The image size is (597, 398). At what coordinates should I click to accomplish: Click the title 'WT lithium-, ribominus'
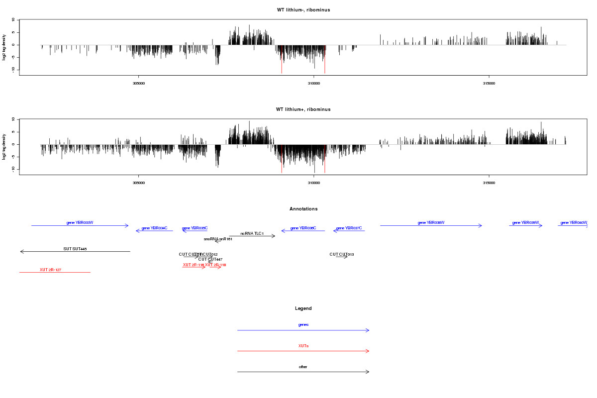pos(303,10)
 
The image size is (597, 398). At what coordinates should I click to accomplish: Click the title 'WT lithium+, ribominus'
pos(303,109)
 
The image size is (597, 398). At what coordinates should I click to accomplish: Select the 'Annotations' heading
pos(303,209)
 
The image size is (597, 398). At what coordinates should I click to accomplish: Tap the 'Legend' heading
pos(303,308)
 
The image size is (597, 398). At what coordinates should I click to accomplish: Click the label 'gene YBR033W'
pos(80,222)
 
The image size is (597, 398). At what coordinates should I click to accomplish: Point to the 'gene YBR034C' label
pos(154,228)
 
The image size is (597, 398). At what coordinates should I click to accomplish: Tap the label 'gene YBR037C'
pos(349,228)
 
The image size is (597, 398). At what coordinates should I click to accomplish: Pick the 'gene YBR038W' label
pos(431,222)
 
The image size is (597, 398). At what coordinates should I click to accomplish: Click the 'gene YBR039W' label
pos(525,222)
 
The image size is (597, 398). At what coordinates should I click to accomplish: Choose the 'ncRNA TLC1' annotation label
pos(252,233)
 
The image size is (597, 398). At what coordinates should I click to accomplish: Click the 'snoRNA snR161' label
pos(218,239)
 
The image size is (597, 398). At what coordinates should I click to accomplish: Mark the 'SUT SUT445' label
pos(75,249)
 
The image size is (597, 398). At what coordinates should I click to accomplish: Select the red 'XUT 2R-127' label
pos(50,270)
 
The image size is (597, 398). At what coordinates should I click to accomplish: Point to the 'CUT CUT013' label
pos(342,254)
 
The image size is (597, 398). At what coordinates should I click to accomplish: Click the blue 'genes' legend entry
pos(303,324)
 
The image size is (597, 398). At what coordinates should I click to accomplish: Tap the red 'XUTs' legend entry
pos(303,345)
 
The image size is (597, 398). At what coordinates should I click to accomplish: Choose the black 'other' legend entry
pos(303,367)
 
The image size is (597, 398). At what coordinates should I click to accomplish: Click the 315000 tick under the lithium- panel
pos(489,83)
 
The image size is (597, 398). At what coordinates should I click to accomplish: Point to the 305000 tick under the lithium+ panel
pos(139,183)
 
